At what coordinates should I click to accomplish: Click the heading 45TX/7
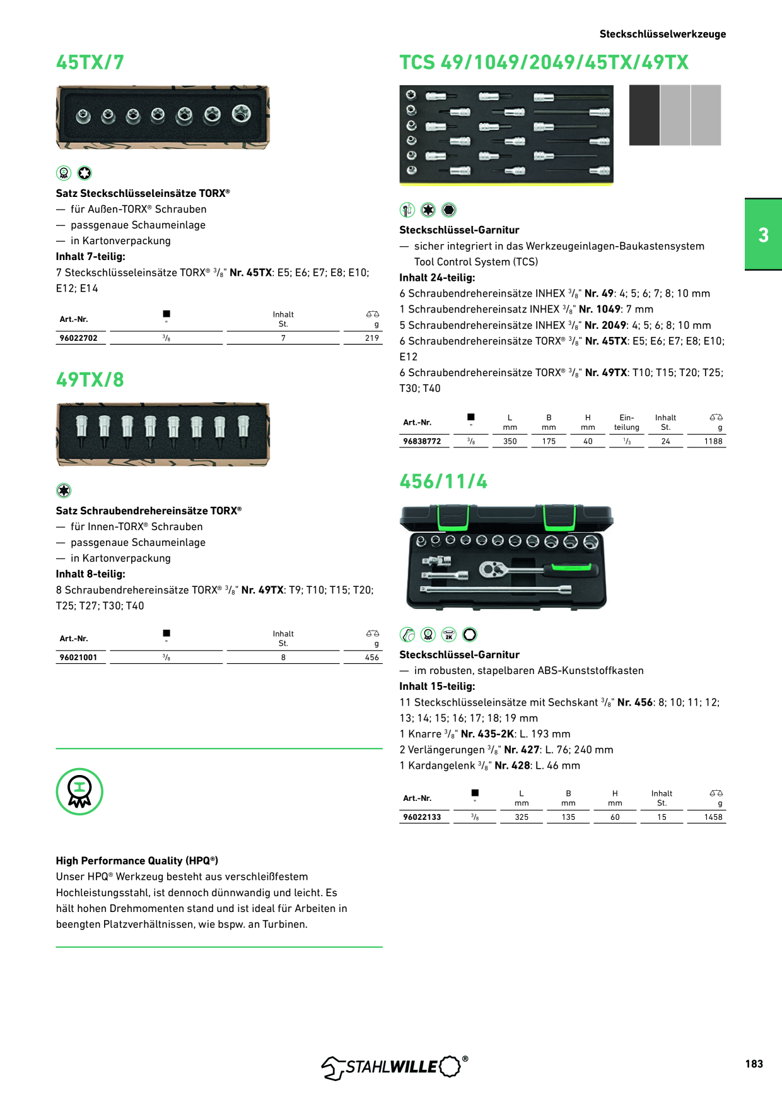tap(90, 62)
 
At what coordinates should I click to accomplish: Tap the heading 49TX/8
tap(90, 380)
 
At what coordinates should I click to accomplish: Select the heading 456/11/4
tap(443, 482)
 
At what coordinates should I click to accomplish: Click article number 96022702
tap(79, 338)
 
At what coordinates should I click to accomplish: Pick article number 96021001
tap(79, 658)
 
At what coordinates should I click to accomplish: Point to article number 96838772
tap(422, 442)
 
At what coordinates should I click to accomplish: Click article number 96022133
tap(422, 817)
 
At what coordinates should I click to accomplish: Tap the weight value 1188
tap(713, 442)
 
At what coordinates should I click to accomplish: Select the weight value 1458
tap(713, 817)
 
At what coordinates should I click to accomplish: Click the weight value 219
tap(372, 338)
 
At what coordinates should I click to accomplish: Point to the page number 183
tap(754, 1064)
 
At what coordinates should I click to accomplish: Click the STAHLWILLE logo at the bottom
tap(395, 1067)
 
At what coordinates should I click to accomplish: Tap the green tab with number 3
tap(763, 235)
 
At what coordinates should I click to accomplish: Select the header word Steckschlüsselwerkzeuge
tap(663, 34)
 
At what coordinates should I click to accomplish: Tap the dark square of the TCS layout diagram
tap(645, 115)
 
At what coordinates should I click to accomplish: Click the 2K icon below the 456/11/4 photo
tap(449, 635)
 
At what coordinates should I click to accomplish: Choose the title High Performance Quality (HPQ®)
tap(137, 861)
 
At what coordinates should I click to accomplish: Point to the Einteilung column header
tap(627, 423)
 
